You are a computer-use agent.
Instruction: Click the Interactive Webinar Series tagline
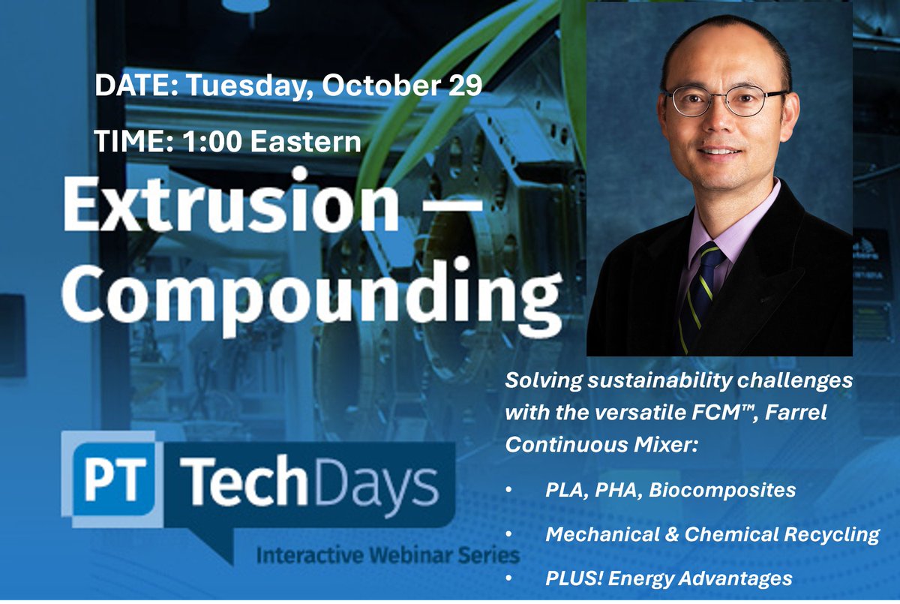[x=387, y=556]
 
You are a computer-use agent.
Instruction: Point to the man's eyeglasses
[x=723, y=101]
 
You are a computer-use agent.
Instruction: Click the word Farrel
[x=796, y=413]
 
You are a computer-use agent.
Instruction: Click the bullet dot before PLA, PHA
[x=509, y=491]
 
